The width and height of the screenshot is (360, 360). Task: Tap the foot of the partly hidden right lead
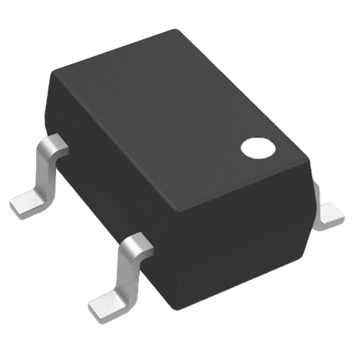click(x=333, y=215)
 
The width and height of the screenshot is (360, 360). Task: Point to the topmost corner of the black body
click(x=175, y=30)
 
